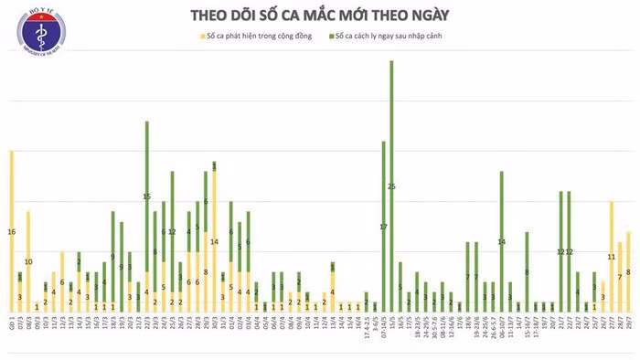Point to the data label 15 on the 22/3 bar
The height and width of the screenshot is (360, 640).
(x=146, y=196)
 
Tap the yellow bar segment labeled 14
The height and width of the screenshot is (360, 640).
(x=214, y=241)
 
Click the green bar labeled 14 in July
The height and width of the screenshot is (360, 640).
(x=501, y=241)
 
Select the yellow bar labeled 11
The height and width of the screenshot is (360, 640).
(x=611, y=257)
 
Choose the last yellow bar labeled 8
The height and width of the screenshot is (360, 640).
(x=628, y=271)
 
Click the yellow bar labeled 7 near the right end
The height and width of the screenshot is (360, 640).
(x=620, y=276)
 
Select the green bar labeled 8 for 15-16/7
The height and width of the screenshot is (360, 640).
(x=527, y=271)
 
